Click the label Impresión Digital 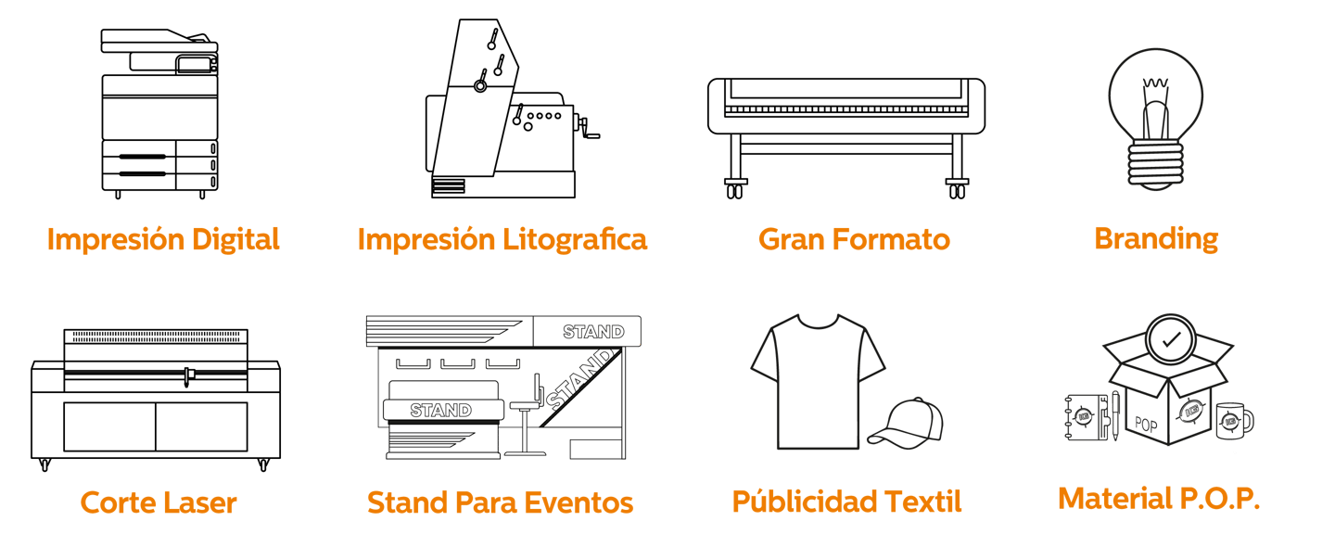[163, 239]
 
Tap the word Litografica [575, 239]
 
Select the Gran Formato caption [854, 239]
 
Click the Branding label [1156, 238]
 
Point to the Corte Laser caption [159, 502]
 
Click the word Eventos [579, 502]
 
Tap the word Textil [922, 502]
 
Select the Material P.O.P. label [1159, 499]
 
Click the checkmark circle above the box [1171, 339]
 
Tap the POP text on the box [1146, 426]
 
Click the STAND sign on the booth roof [593, 331]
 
